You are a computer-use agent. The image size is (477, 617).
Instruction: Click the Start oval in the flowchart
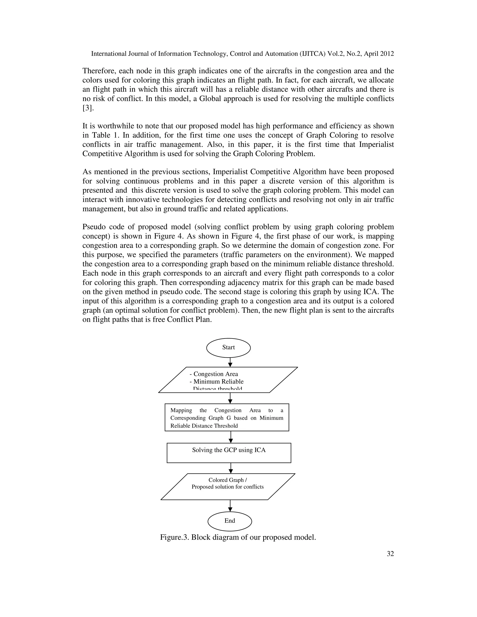(x=228, y=347)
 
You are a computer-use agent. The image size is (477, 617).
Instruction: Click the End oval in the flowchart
(x=229, y=521)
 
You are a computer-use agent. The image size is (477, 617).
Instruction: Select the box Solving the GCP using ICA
(x=229, y=453)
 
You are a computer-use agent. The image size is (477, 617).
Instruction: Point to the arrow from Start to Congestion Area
(x=230, y=362)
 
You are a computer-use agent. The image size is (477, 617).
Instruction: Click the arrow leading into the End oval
(x=230, y=506)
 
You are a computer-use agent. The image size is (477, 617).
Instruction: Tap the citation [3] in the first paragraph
(x=88, y=108)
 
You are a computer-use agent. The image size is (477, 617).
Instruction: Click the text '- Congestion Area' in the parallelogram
(x=214, y=374)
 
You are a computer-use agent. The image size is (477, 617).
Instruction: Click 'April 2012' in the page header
(x=379, y=54)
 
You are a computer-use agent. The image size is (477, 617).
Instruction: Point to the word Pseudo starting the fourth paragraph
(x=93, y=227)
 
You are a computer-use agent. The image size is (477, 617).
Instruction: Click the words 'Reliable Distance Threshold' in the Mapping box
(x=204, y=426)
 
